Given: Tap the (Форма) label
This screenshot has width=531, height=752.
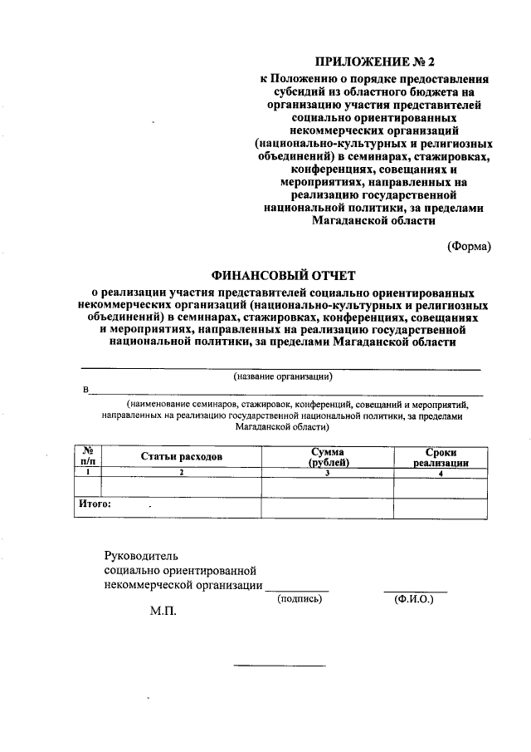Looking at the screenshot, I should click(469, 245).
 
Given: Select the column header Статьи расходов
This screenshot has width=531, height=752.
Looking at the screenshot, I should click(181, 456).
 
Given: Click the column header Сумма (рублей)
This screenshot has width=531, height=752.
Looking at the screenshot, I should click(328, 456).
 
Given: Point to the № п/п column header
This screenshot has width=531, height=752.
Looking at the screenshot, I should click(87, 456).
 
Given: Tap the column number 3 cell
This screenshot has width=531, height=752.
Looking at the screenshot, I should click(328, 472).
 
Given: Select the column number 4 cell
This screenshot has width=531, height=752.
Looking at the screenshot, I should click(441, 472).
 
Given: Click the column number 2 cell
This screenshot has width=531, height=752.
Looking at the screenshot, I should click(181, 472).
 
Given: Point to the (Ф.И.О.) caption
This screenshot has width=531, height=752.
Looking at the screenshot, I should click(415, 598).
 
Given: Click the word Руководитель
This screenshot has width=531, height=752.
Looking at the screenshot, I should click(141, 555).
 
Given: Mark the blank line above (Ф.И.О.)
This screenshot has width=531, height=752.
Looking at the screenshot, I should click(415, 590).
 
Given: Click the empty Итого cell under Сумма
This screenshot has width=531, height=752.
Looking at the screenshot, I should click(328, 508).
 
